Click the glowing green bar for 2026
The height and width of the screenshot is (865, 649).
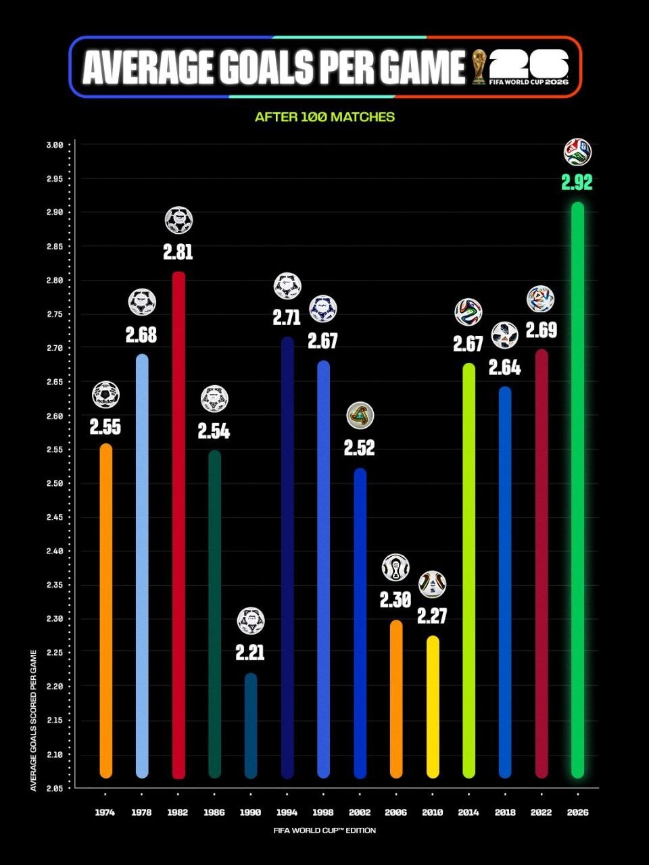(x=577, y=490)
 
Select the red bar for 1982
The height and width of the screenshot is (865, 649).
(x=178, y=525)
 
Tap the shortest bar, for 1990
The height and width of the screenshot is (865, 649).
(x=251, y=726)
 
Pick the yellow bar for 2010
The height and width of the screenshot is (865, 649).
(x=433, y=707)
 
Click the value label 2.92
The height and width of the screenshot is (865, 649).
(x=577, y=183)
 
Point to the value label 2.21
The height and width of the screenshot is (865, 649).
(x=250, y=653)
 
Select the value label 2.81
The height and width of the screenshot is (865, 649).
(x=178, y=252)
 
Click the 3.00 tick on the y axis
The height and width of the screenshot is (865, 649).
(x=55, y=145)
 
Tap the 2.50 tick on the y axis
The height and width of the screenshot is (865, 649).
(x=55, y=484)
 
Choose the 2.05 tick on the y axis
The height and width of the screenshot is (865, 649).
(x=55, y=788)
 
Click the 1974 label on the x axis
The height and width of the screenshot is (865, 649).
(x=105, y=812)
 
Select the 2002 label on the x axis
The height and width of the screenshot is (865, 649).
(x=360, y=812)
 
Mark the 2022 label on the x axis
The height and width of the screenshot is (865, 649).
(x=542, y=812)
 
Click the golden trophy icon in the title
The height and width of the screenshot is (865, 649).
(x=479, y=67)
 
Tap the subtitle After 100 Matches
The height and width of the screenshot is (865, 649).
(x=324, y=117)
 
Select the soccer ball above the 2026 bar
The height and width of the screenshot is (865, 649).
(x=577, y=152)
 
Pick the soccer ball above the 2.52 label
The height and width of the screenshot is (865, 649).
(x=360, y=416)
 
